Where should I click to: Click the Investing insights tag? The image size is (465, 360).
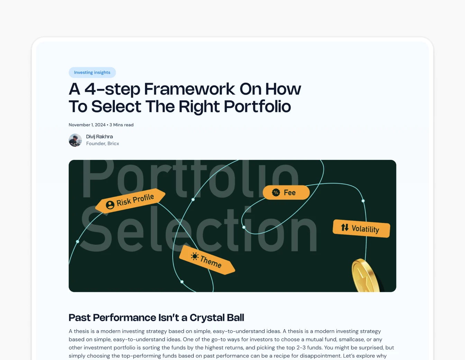pos(92,72)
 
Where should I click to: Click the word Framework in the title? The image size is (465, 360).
pos(189,89)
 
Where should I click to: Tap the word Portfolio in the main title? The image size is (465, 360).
pos(257,106)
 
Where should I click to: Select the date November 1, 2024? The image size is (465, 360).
pos(87,125)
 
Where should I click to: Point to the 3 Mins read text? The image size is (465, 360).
pos(121,125)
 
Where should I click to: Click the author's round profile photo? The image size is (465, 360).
pos(75,140)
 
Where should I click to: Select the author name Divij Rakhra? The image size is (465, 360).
pos(99,137)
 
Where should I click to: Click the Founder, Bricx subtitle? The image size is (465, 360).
pos(102,144)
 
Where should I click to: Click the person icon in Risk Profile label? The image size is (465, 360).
pos(110,205)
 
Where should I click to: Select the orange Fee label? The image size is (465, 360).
pos(286,192)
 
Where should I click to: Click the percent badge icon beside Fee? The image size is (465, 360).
pos(276,192)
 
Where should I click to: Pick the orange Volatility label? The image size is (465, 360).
pos(362,228)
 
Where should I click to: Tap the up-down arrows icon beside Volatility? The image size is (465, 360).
pos(345,227)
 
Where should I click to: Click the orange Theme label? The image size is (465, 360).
pos(208,260)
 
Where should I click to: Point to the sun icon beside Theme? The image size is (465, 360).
pos(195,256)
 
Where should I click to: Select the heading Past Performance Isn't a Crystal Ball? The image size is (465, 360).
pos(156,317)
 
